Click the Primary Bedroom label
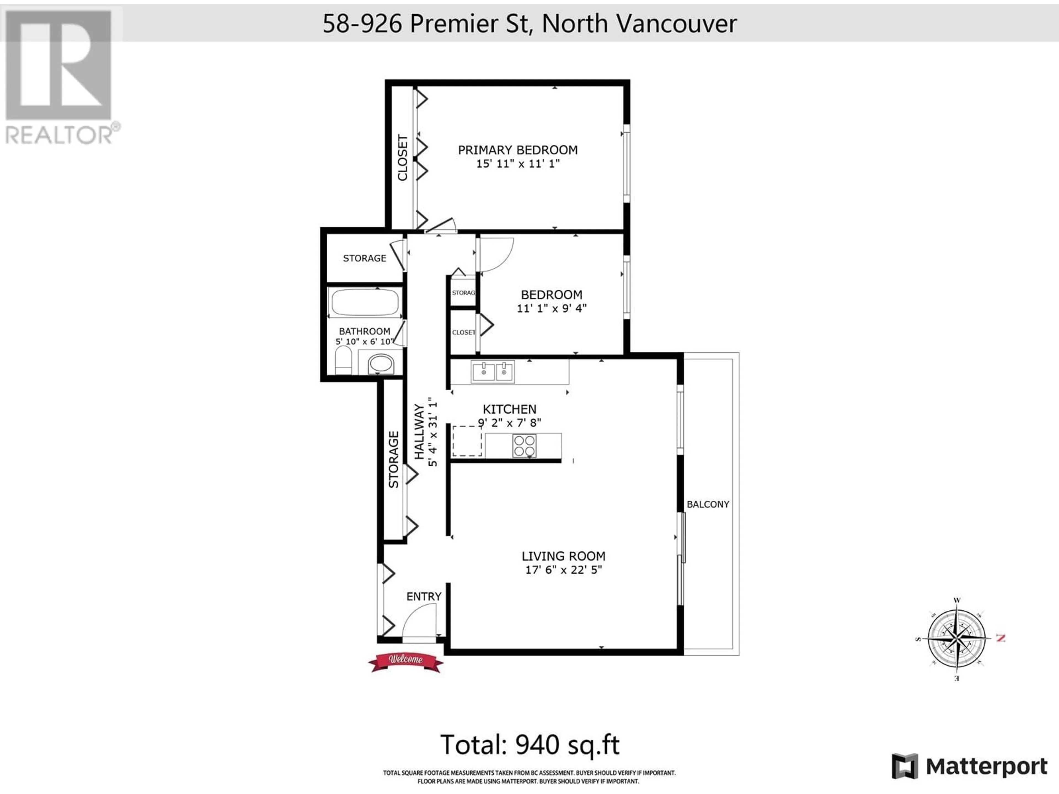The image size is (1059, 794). pyautogui.click(x=518, y=150)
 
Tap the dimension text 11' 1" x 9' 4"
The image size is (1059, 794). pyautogui.click(x=552, y=308)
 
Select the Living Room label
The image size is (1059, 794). pyautogui.click(x=563, y=556)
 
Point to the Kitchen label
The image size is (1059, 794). pyautogui.click(x=509, y=409)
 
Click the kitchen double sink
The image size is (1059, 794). pyautogui.click(x=492, y=372)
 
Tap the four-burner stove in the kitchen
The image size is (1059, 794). pyautogui.click(x=524, y=446)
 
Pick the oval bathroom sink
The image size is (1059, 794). pyautogui.click(x=381, y=364)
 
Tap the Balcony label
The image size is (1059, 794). pyautogui.click(x=708, y=504)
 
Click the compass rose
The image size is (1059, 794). pyautogui.click(x=956, y=638)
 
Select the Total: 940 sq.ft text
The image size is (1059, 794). pyautogui.click(x=529, y=745)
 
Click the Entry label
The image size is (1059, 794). pyautogui.click(x=424, y=596)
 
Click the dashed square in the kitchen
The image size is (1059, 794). pyautogui.click(x=467, y=441)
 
